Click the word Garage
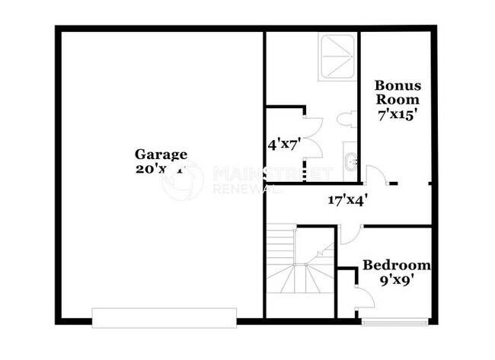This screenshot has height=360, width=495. (x=161, y=153)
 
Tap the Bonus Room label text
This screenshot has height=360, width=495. (x=395, y=91)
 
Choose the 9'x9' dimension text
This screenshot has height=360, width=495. (x=395, y=279)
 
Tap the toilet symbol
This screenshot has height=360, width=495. (x=346, y=119)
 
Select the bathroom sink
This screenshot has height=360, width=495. (x=350, y=161)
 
